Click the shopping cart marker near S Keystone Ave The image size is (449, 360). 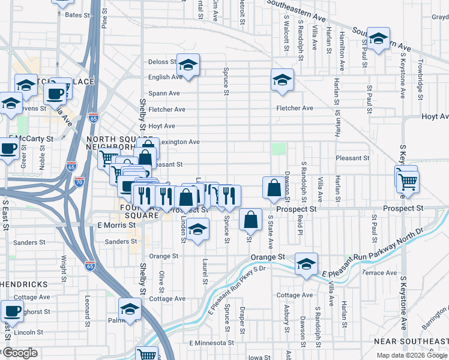tap(408, 181)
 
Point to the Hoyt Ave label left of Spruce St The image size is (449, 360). tap(161, 126)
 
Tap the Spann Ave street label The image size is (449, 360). tap(164, 93)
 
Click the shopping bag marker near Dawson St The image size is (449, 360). tap(274, 187)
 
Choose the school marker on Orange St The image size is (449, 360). tap(306, 265)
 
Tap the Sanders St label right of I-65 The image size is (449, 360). tap(121, 241)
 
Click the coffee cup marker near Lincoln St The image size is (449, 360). tap(12, 311)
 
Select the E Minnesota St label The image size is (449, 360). tap(211, 343)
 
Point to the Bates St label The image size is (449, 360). tap(73, 14)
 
